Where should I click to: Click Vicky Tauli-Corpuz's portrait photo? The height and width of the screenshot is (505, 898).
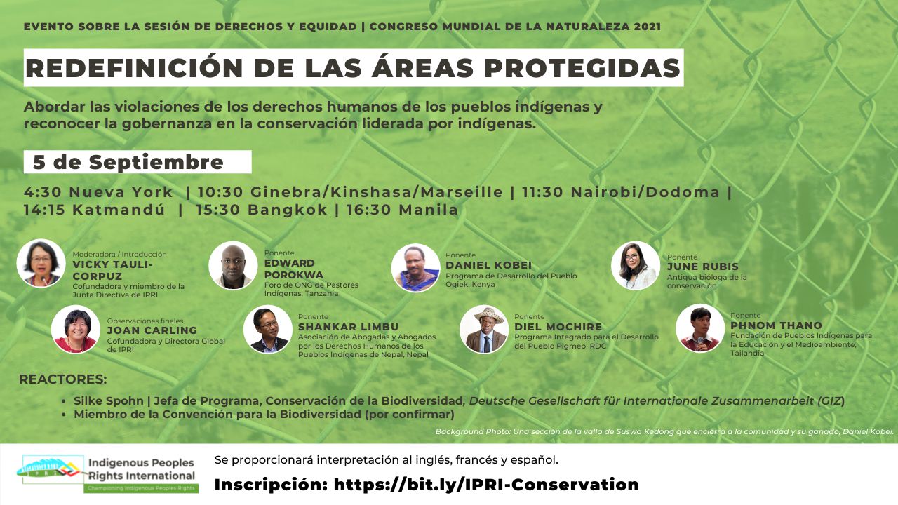click(41, 263)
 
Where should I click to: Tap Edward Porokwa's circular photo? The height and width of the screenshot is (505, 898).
click(233, 265)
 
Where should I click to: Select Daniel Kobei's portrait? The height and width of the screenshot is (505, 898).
click(416, 267)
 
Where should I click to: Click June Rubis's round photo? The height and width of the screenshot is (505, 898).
click(635, 265)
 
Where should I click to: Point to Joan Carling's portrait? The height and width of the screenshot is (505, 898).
click(76, 329)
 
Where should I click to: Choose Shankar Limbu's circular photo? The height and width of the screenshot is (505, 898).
click(268, 329)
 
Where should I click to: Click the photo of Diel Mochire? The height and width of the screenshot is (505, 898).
click(484, 329)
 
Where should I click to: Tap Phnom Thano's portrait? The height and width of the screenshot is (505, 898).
click(700, 328)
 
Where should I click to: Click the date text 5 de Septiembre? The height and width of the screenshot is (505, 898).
click(128, 163)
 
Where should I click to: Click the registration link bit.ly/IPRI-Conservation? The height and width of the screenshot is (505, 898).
click(486, 485)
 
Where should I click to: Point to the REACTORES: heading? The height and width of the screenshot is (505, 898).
click(62, 379)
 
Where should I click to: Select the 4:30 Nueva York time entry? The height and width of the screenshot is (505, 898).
click(98, 192)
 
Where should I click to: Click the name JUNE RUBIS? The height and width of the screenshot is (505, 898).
click(702, 267)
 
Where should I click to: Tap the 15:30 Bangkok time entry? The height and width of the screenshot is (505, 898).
click(262, 210)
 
